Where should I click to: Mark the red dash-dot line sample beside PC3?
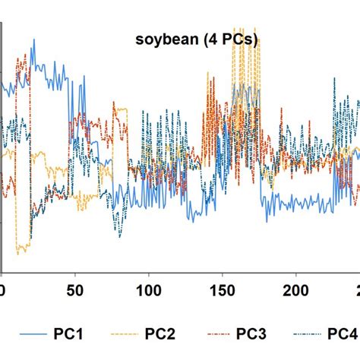[213, 336]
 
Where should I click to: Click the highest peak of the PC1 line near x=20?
[33, 40]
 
